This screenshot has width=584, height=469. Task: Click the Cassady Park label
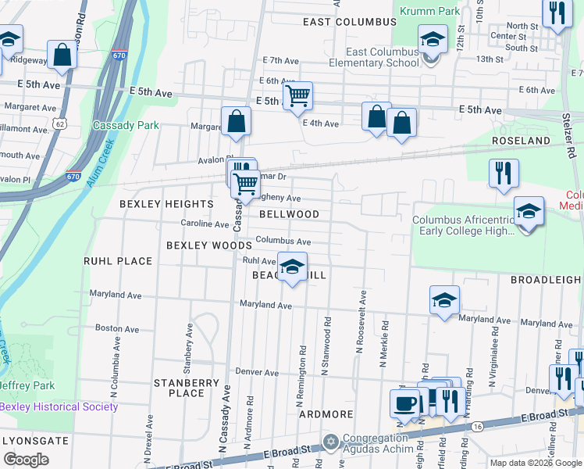pos(126,125)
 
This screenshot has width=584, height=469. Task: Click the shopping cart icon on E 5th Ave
pos(297,96)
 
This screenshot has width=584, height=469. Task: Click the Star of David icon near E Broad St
pos(331,442)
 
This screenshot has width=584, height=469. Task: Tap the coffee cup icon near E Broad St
pos(405,403)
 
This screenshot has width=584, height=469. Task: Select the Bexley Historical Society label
pos(59,406)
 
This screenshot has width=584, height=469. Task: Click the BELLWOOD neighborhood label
pos(289,214)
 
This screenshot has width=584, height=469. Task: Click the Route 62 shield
pos(61,124)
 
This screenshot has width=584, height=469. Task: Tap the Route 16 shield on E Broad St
pos(477,426)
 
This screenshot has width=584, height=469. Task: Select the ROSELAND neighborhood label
pos(521,141)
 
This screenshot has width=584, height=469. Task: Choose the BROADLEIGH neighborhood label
pos(547,279)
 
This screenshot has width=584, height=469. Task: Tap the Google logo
pos(26,460)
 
